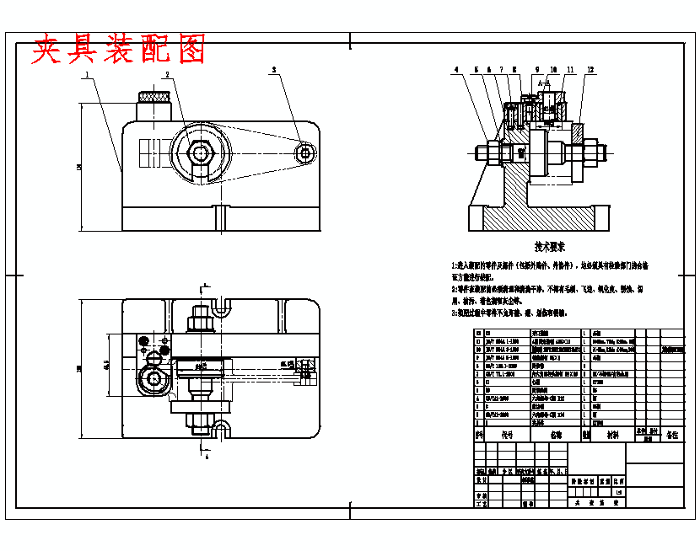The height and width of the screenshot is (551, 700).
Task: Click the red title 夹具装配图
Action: point(118,51)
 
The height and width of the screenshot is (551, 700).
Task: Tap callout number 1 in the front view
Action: point(87,74)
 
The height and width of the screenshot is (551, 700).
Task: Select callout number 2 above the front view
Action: point(167,74)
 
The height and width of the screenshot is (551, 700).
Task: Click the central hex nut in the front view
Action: point(200,153)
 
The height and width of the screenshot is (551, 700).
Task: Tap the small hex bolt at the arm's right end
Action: point(305,152)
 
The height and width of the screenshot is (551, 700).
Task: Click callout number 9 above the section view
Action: point(536,69)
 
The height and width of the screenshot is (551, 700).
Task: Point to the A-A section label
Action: point(544,84)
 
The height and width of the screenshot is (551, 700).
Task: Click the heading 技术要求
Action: point(550,246)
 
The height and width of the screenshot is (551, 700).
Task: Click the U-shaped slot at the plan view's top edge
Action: point(220,308)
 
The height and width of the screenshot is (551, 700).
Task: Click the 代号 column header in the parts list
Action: point(507,436)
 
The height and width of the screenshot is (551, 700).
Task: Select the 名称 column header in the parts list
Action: point(556,436)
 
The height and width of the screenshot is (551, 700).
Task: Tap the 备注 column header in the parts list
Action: point(672,436)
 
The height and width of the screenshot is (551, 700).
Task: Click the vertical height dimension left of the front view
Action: point(79,169)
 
